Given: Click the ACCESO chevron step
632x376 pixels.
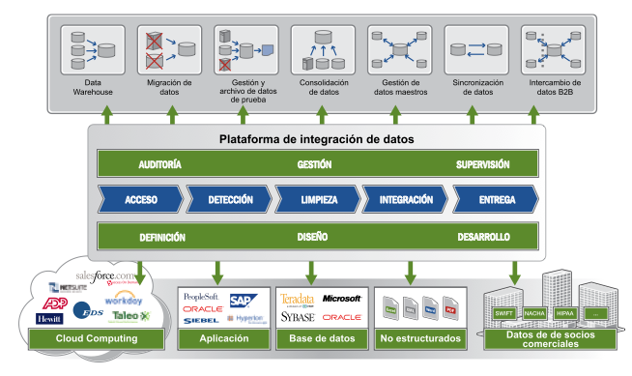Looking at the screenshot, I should (x=141, y=200).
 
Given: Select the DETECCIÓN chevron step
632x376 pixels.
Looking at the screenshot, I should (x=230, y=200).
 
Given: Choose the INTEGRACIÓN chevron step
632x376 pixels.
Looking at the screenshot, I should (x=405, y=200).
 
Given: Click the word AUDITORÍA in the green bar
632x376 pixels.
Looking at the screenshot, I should (x=160, y=164).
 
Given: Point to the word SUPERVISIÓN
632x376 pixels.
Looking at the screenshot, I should (x=482, y=164).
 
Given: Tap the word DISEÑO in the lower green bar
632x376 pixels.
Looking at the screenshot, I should (x=313, y=236).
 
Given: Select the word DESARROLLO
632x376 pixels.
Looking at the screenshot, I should (x=483, y=236).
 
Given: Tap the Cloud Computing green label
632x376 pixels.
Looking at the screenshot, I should (x=95, y=338).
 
